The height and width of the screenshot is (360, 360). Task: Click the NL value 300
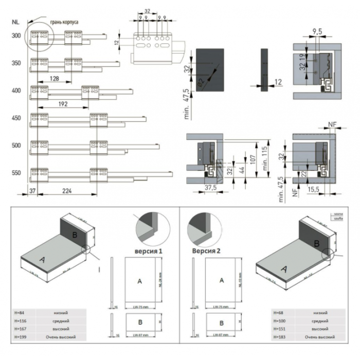pyautogui.click(x=16, y=35)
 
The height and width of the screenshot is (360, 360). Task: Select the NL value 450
pyautogui.click(x=16, y=118)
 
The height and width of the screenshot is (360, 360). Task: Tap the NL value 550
pyautogui.click(x=16, y=173)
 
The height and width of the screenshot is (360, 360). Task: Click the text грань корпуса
pyautogui.click(x=64, y=23)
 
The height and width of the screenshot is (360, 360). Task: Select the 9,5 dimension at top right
pyautogui.click(x=317, y=32)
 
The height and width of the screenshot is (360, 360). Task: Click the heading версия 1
pyautogui.click(x=149, y=251)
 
